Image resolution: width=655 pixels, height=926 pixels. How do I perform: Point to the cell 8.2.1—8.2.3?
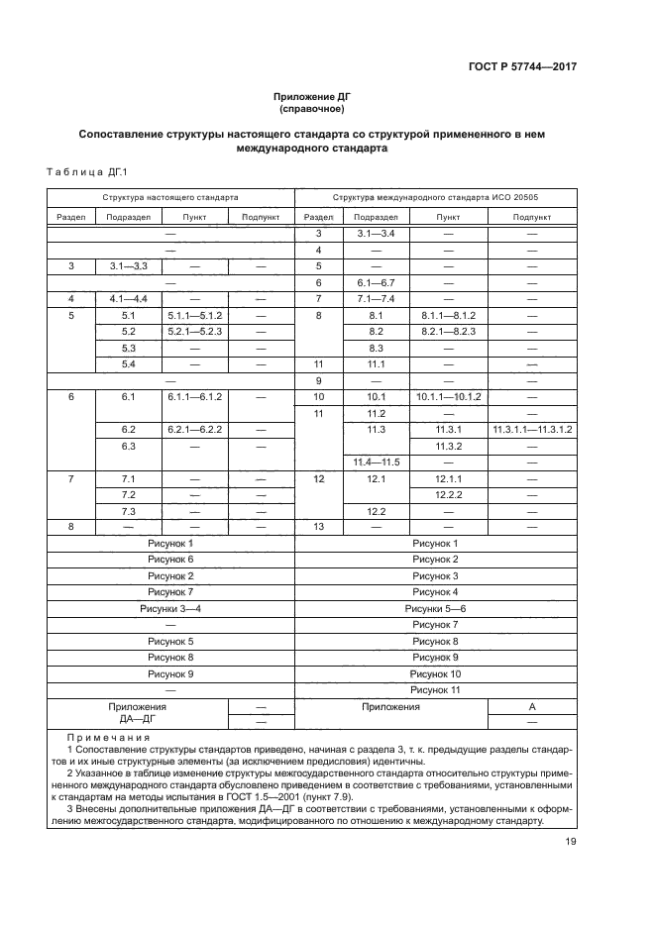[x=448, y=331]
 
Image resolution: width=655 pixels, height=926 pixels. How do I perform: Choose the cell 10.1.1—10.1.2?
[x=448, y=396]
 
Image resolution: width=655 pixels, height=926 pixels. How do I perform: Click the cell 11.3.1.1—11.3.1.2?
[x=532, y=429]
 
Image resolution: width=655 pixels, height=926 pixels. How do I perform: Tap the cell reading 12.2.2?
[x=448, y=494]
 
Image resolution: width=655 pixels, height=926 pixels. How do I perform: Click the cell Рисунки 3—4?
[x=170, y=608]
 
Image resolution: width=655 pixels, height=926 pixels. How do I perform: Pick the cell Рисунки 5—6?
[x=435, y=608]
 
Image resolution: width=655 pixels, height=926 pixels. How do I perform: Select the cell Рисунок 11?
[x=435, y=689]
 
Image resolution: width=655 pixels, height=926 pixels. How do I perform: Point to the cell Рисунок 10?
[x=435, y=673]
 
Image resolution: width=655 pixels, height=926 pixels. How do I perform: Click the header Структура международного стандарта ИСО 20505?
[x=435, y=197]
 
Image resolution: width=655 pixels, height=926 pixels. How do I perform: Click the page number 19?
[x=571, y=842]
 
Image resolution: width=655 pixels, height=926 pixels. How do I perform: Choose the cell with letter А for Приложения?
[x=532, y=706]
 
